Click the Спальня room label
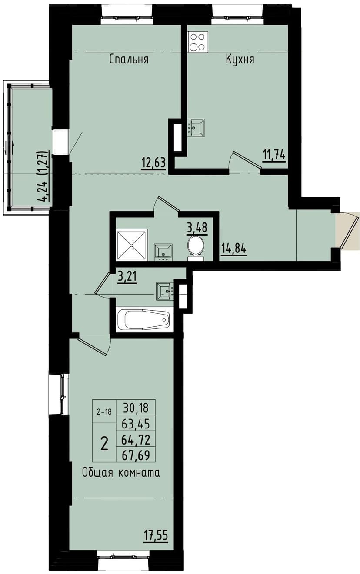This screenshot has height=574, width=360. point(129,60)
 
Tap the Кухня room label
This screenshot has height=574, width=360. point(240,60)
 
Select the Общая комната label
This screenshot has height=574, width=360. point(121,473)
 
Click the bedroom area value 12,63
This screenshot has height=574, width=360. point(153,163)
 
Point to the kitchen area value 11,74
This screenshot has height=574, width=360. point(274,154)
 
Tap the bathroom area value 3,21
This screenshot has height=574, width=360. point(127,276)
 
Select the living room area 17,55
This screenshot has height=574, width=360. point(156,534)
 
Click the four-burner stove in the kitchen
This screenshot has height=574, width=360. point(198,42)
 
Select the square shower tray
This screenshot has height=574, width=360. point(132,244)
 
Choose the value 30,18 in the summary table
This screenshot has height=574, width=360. point(136,408)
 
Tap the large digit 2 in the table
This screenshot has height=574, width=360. point(104,444)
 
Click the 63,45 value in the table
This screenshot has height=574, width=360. point(136,424)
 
